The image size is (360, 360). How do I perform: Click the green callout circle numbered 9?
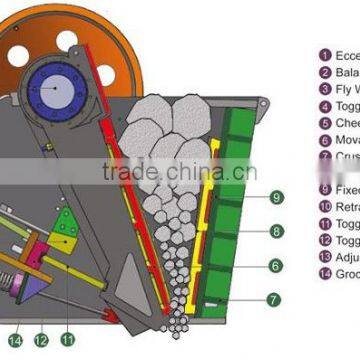click(277, 197)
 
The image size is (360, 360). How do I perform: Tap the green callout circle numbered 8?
click(277, 231)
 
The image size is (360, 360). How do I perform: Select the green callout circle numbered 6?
click(277, 265)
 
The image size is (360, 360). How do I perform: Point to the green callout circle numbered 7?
click(277, 299)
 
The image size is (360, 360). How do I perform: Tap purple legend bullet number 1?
click(325, 55)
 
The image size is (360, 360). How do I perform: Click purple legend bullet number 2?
click(325, 72)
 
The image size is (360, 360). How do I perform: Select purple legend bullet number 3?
click(325, 89)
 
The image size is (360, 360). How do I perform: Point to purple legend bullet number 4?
click(325, 106)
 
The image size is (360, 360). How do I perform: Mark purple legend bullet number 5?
click(325, 123)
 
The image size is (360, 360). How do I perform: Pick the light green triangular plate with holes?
click(65, 230)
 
